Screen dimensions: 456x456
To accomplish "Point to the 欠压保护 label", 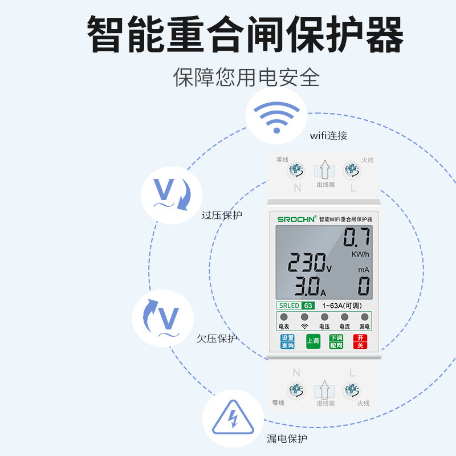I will [x=217, y=339].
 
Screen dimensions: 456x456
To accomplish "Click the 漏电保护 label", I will [x=287, y=439].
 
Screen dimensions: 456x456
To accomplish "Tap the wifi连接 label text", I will [x=328, y=136].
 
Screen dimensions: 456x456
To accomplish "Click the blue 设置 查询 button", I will [x=287, y=341].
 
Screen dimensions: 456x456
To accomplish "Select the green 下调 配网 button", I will [x=336, y=341].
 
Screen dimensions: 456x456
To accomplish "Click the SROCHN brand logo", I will [x=296, y=219].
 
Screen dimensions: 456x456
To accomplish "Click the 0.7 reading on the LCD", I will [x=357, y=237].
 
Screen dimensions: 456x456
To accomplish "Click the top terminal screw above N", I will [x=296, y=170].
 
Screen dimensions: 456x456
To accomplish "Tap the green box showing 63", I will [x=308, y=306].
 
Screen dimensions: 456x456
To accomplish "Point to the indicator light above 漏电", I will [x=364, y=317].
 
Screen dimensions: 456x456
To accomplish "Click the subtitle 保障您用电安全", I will [x=246, y=78].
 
